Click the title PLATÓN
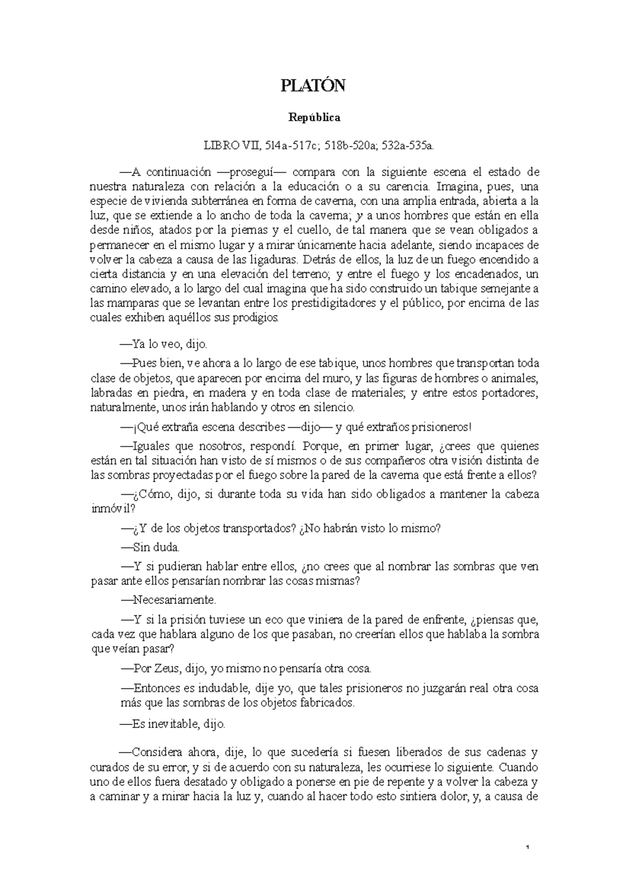313,85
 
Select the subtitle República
314,117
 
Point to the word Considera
156,753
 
